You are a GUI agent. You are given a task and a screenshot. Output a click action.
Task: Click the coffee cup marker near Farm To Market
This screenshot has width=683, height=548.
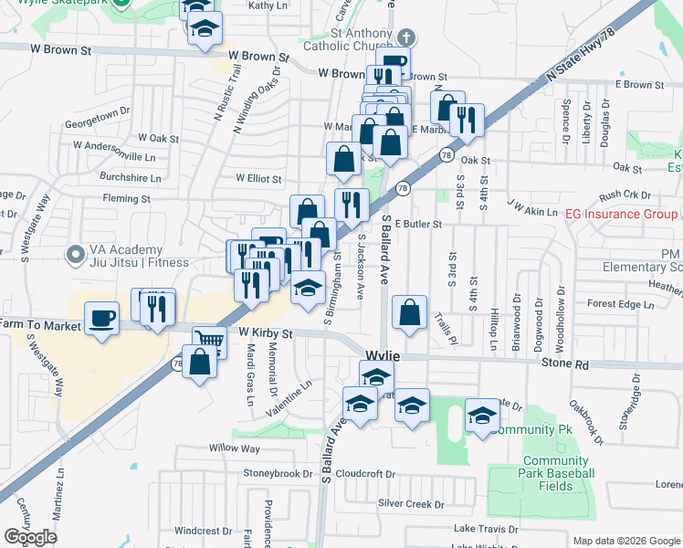coord(101,319)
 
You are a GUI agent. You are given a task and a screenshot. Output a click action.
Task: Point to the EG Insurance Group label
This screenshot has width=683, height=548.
coord(622,214)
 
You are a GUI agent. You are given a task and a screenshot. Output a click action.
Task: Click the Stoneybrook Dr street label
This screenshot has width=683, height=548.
coord(278,473)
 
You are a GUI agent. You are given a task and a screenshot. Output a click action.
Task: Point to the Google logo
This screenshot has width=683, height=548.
coord(30,537)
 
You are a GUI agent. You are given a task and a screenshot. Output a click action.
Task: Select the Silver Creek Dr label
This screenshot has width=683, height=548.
coord(411,503)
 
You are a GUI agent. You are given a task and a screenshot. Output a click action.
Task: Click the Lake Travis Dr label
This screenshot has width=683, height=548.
coord(492,529)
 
